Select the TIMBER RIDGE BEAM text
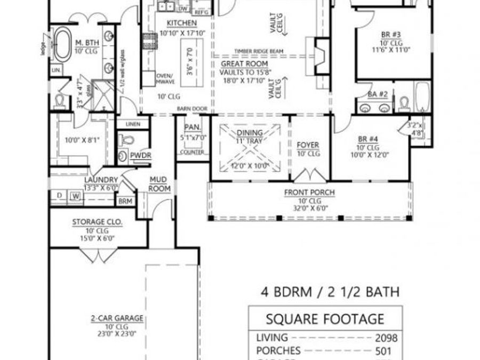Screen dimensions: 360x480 (x=258, y=51)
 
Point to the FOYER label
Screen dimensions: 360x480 (x=308, y=145)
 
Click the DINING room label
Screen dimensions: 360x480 (x=250, y=133)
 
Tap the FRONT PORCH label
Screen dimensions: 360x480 (x=309, y=193)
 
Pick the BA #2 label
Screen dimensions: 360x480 (x=378, y=94)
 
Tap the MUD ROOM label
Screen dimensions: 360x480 (x=159, y=185)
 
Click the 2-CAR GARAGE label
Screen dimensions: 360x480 (x=116, y=319)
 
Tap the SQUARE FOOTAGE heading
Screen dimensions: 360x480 (x=325, y=319)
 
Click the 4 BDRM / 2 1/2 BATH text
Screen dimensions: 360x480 (x=330, y=292)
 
